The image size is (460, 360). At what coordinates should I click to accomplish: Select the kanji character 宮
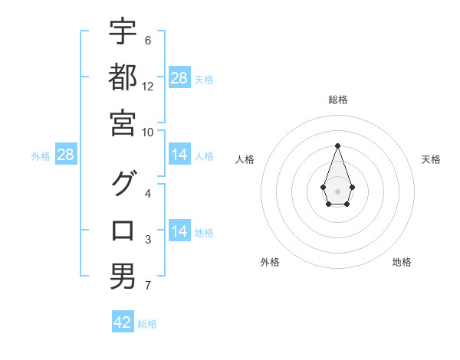[x=123, y=123]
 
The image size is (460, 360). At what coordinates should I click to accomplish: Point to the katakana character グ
[x=123, y=184]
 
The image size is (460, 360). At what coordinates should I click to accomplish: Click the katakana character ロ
[x=123, y=231]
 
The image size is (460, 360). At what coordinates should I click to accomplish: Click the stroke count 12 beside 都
[x=148, y=87]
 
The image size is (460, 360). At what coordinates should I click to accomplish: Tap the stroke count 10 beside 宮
[x=148, y=133]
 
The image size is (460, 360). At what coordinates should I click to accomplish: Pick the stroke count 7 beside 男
[x=148, y=286]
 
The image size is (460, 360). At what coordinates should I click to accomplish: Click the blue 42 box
[x=123, y=322]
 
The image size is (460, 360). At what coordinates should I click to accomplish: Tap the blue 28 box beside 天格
[x=179, y=78]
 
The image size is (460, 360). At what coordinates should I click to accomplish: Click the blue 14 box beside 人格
[x=179, y=155]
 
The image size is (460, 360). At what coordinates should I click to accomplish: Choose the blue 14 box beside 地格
[x=179, y=232]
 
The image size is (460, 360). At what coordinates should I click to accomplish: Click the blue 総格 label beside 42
[x=147, y=324]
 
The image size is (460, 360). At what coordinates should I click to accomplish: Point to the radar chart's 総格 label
[x=337, y=100]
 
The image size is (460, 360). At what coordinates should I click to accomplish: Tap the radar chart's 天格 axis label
[x=431, y=159]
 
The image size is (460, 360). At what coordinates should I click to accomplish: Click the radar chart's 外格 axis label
[x=270, y=262]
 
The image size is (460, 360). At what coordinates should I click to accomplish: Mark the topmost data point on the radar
[x=337, y=145]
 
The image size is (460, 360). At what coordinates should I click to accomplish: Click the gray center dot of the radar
[x=337, y=190]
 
